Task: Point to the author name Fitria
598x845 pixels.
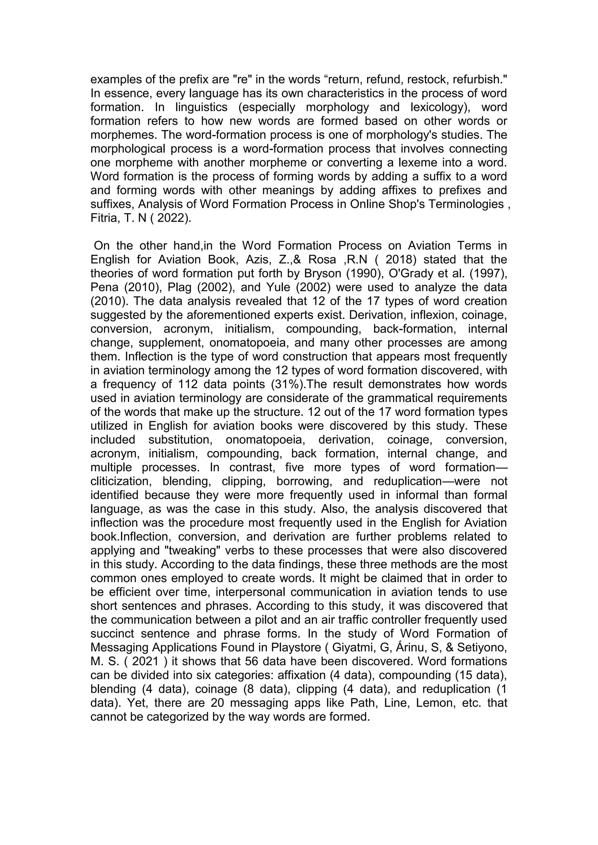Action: [103, 218]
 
